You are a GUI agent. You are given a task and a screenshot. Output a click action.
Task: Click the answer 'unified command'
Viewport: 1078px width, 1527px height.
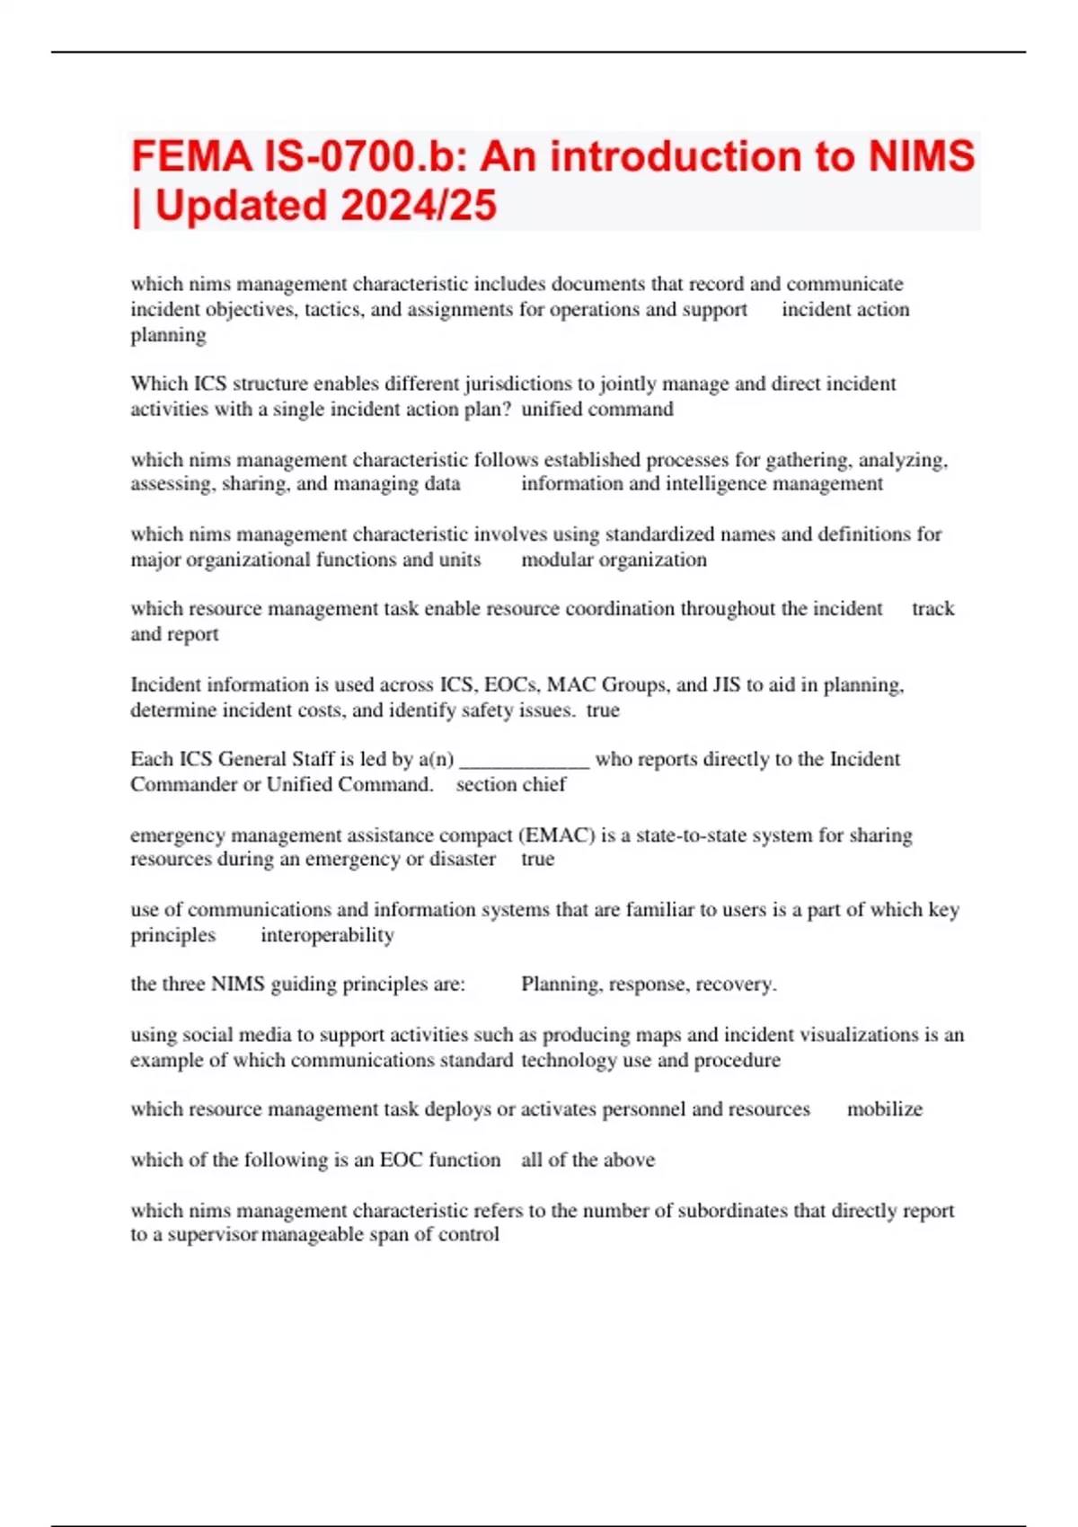click(597, 409)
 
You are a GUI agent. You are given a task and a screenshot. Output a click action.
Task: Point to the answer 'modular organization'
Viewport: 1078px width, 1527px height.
click(614, 560)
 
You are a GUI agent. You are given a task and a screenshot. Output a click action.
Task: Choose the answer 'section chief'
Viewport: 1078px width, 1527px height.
click(511, 784)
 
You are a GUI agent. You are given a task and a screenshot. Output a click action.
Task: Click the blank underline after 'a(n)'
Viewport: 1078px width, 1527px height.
click(524, 760)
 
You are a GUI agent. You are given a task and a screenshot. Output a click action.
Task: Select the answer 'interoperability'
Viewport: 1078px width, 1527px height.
click(327, 935)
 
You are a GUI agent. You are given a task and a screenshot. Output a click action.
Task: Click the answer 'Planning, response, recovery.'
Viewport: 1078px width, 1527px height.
click(649, 984)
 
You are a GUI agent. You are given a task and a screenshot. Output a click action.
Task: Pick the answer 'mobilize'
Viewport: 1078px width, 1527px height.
click(885, 1108)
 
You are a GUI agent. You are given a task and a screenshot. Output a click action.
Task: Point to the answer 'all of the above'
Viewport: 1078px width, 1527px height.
click(588, 1160)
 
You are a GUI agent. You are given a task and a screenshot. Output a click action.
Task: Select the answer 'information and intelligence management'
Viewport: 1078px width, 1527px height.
click(702, 483)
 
